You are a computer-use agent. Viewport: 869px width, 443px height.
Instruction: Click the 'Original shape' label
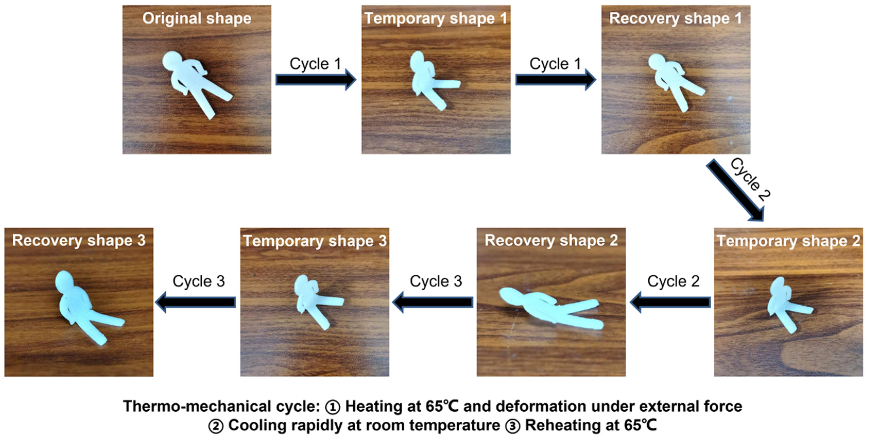[197, 19]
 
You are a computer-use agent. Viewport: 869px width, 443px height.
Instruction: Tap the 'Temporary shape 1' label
[436, 19]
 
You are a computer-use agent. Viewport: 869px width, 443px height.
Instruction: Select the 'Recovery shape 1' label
[675, 19]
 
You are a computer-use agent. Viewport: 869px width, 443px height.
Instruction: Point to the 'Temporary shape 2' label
[788, 241]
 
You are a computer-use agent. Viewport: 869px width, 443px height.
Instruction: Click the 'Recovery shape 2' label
[551, 241]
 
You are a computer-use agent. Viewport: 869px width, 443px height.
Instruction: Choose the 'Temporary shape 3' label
[315, 241]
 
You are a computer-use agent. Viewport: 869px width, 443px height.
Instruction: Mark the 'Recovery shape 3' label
[79, 241]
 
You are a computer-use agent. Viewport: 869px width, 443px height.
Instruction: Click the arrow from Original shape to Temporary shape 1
[316, 80]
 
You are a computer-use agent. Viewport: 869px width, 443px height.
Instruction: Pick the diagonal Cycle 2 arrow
[735, 190]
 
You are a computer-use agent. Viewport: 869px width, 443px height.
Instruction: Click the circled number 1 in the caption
[332, 407]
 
